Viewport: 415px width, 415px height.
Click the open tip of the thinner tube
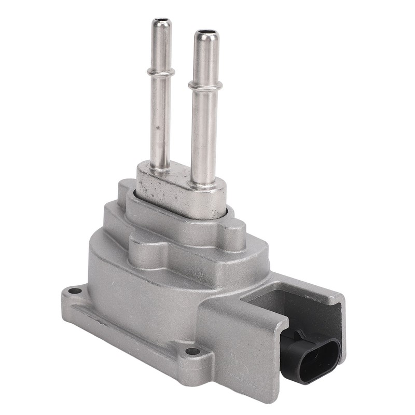tap(161, 22)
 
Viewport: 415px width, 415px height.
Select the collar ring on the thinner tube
tap(160, 72)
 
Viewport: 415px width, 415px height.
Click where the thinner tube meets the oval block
tap(160, 168)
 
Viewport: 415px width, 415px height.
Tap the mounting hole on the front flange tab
tap(193, 351)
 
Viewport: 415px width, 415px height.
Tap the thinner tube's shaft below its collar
tap(160, 119)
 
